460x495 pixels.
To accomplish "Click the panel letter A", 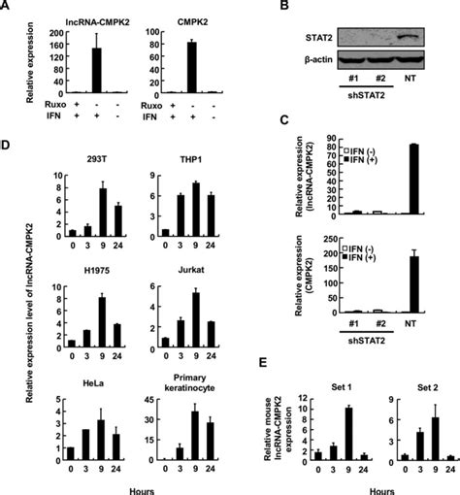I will tap(7, 9).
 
